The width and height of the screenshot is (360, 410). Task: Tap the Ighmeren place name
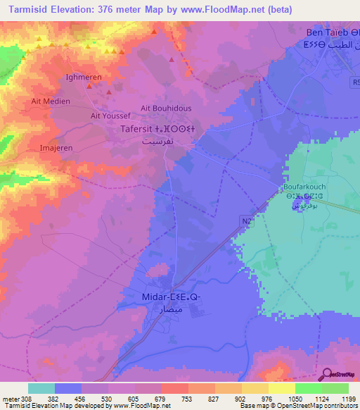coord(84,77)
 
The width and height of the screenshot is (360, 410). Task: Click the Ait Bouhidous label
coord(167,108)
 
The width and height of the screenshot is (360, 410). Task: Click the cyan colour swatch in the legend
coord(41,388)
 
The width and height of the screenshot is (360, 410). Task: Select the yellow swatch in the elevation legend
coord(281,388)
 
